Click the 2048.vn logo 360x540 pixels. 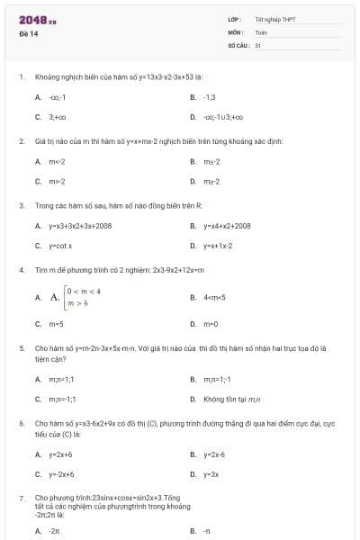pyautogui.click(x=38, y=20)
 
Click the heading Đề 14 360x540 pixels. pyautogui.click(x=28, y=34)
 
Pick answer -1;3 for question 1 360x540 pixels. pyautogui.click(x=210, y=96)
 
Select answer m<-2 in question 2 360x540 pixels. pyautogui.click(x=57, y=161)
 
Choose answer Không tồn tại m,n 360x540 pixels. pyautogui.click(x=231, y=398)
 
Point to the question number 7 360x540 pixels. pyautogui.click(x=21, y=498)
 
